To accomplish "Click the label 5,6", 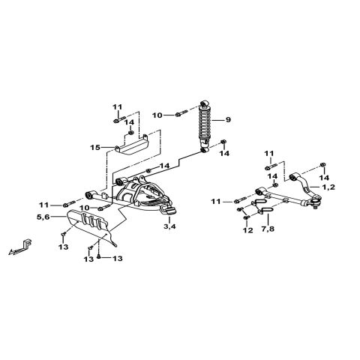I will pyautogui.click(x=44, y=217).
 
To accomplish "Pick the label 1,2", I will pyautogui.click(x=328, y=186).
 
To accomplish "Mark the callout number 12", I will pyautogui.click(x=246, y=231).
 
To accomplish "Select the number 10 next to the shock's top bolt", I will pyautogui.click(x=157, y=115).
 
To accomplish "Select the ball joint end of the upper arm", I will pyautogui.click(x=317, y=199).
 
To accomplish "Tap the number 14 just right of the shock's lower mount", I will pyautogui.click(x=223, y=153).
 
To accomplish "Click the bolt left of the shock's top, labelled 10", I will pyautogui.click(x=179, y=115).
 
